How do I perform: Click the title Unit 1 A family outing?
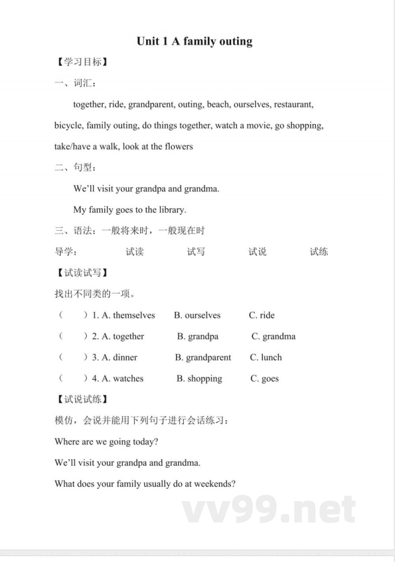coord(195,41)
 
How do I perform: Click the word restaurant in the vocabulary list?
coord(293,105)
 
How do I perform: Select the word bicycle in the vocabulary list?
coord(68,126)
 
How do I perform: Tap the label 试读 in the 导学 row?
coord(134,252)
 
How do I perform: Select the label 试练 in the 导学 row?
coord(318,252)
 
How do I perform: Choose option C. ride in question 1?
coord(262,315)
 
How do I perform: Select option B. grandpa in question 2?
coord(197,337)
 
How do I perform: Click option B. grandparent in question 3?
coord(203,357)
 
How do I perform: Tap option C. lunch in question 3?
coord(266,357)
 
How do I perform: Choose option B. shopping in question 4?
coord(199,379)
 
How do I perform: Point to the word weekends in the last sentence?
coord(215,484)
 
